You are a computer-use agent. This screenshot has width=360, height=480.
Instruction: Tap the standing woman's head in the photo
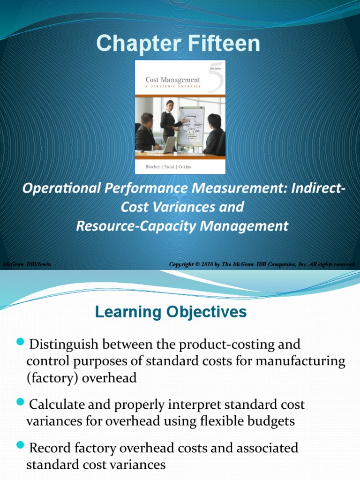click(170, 104)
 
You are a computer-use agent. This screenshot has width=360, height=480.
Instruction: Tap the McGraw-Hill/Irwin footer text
click(27, 264)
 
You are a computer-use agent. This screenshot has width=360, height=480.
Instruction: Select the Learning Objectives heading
click(171, 312)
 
